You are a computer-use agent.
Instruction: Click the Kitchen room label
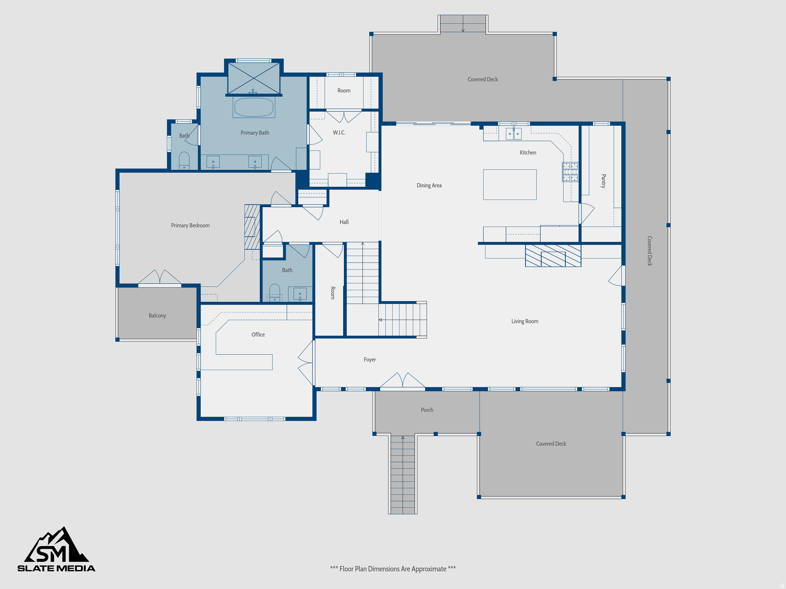[528, 153]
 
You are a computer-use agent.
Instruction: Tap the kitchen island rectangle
[510, 184]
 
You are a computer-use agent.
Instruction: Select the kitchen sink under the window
[514, 134]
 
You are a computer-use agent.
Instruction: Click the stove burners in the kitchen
[570, 171]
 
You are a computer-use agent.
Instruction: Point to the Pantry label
[603, 181]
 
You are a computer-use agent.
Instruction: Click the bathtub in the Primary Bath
[254, 107]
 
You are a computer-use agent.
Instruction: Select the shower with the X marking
[254, 78]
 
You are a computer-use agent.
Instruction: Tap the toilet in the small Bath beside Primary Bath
[184, 160]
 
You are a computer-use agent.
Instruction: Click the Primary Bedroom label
[190, 225]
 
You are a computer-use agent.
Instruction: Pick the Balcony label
[157, 316]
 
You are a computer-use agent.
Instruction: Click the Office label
[258, 334]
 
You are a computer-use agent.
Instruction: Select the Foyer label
[370, 360]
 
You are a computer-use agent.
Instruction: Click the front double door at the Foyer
[402, 381]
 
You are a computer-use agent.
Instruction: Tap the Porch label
[427, 410]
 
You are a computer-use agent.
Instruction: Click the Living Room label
[525, 321]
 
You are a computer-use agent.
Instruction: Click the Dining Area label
[429, 186]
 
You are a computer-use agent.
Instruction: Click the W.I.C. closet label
[339, 133]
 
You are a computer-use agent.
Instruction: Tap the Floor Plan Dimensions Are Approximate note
[393, 569]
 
